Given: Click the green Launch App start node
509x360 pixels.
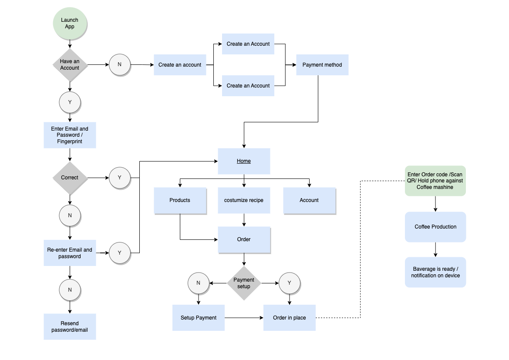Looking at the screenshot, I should click(70, 24).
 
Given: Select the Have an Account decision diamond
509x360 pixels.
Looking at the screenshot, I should click(70, 65).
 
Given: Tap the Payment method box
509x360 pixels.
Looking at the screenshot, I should click(322, 65).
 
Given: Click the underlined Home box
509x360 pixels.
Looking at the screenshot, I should click(244, 161).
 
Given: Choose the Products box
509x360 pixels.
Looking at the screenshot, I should click(180, 200).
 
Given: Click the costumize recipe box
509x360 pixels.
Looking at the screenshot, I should click(244, 200).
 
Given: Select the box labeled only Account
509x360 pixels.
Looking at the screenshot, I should click(309, 200).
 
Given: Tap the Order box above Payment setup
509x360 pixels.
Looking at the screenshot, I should click(244, 239).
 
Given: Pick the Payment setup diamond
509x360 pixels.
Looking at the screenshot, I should click(244, 283).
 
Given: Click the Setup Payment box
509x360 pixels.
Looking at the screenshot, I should click(199, 318).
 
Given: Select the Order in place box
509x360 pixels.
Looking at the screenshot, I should click(290, 318).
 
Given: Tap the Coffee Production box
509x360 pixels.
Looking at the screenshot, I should click(435, 227).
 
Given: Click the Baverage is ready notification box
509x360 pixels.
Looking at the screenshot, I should click(435, 273).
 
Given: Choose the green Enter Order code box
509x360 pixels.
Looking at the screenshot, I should click(435, 181).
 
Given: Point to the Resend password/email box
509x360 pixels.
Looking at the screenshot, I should click(70, 326).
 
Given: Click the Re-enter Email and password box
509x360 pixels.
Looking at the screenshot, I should click(70, 253).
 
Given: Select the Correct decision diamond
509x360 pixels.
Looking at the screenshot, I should click(70, 178).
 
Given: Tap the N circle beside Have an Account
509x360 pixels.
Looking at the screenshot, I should click(120, 65).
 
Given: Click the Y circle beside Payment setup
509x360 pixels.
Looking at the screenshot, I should click(290, 283).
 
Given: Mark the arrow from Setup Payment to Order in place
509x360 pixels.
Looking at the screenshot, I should click(244, 318).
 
